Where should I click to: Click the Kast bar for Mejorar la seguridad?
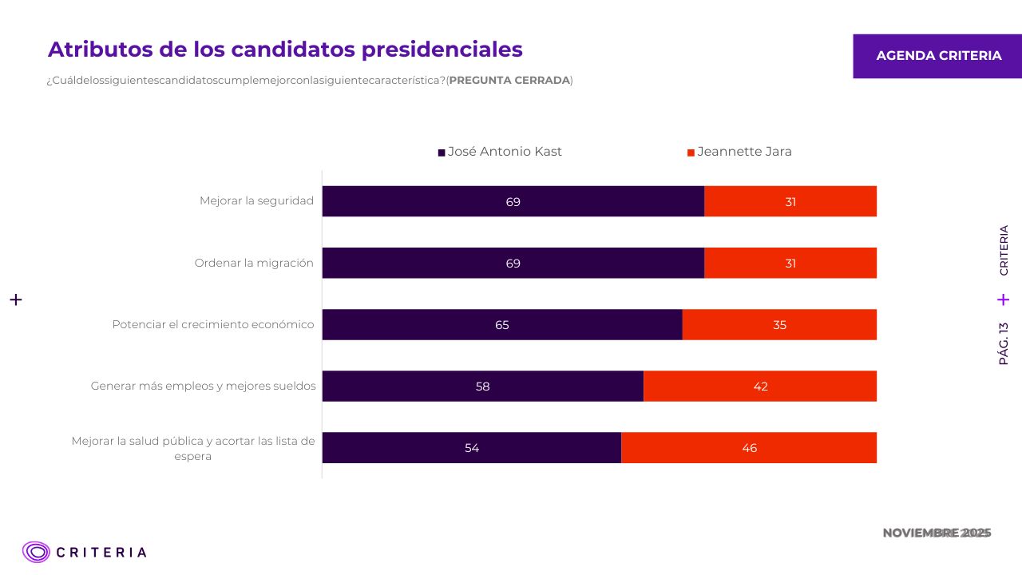[513, 201]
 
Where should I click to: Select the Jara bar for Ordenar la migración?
[790, 263]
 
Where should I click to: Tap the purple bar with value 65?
[501, 324]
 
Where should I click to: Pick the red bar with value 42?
[760, 386]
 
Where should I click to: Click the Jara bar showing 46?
[749, 447]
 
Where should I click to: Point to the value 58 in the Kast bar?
[482, 387]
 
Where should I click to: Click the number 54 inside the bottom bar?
[472, 448]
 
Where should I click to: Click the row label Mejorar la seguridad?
[256, 200]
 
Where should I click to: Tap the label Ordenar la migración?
[254, 263]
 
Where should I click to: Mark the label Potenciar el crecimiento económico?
[212, 324]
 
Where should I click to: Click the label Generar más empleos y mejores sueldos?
[203, 387]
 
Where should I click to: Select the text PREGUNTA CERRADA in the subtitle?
[509, 81]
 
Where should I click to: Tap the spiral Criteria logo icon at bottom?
[36, 552]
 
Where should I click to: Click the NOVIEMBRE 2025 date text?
[937, 533]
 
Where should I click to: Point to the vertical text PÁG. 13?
[1004, 343]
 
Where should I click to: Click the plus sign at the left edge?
[16, 299]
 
